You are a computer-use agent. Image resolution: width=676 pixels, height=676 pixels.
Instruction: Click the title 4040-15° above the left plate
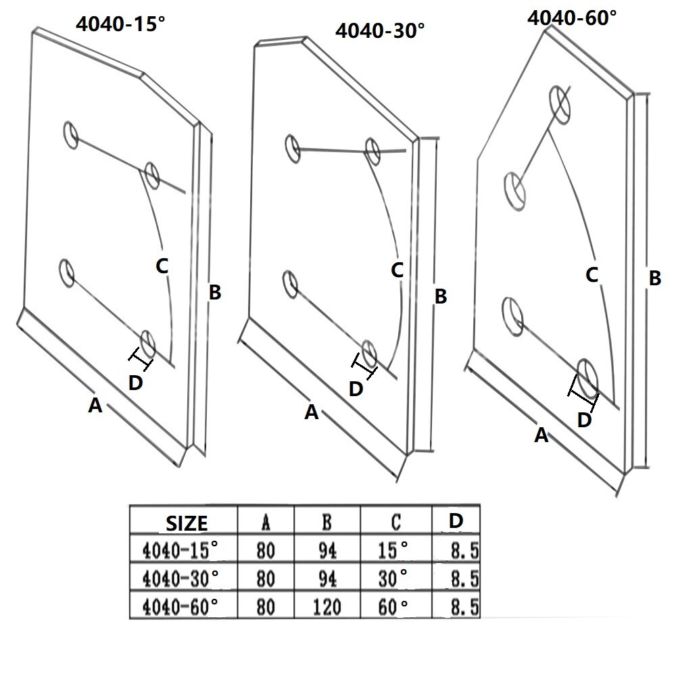121,24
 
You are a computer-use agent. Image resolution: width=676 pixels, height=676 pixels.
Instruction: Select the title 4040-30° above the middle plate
381,31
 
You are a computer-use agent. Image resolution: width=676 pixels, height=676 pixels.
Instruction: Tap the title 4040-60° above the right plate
572,17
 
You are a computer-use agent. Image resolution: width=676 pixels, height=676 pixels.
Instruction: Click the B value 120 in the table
327,606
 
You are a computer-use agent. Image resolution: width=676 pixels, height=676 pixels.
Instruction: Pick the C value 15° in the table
394,551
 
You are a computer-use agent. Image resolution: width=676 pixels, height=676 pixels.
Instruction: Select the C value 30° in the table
394,579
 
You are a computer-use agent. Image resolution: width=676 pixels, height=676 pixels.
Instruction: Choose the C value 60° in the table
394,606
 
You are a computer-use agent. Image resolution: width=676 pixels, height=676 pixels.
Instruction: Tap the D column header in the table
456,521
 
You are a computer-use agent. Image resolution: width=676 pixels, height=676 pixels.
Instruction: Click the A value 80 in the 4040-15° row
266,551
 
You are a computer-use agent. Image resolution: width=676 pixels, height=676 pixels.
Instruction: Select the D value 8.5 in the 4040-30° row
465,579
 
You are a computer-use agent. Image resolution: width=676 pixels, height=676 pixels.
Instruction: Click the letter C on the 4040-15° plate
162,266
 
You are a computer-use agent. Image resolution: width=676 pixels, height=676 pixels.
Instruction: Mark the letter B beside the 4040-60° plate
654,278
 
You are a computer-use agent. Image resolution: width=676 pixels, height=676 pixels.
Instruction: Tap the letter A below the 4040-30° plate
311,412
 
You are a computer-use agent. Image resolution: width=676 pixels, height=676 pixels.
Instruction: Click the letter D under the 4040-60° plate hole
585,420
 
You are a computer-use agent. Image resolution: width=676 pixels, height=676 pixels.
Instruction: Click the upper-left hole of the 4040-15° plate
70,134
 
